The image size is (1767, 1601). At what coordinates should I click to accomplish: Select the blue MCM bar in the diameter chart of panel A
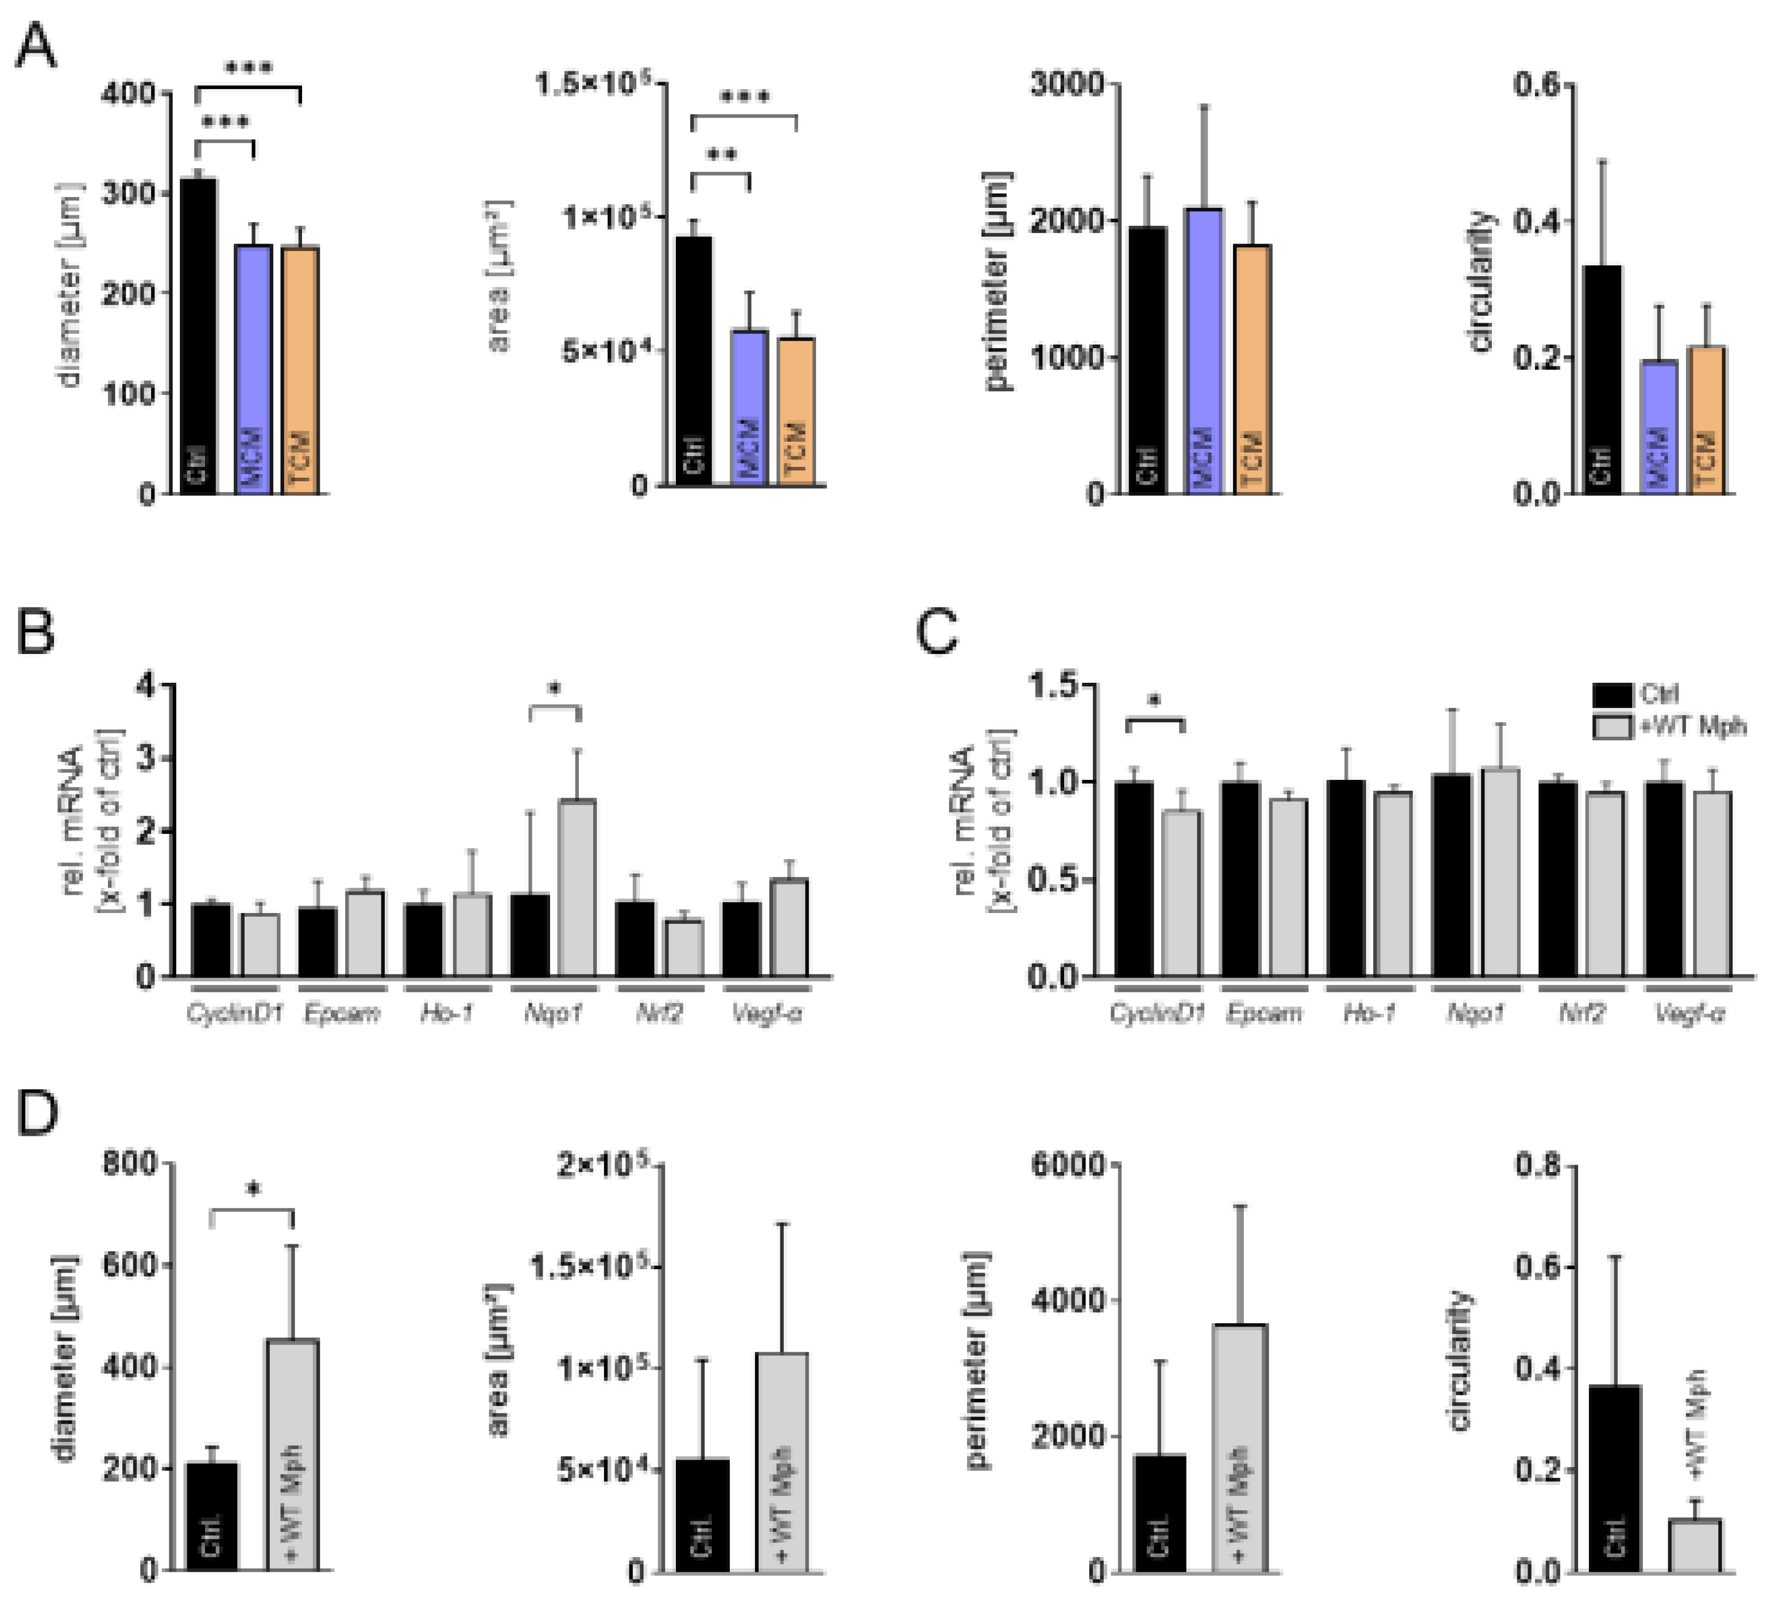253,368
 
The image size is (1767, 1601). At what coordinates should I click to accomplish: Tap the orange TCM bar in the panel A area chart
796,412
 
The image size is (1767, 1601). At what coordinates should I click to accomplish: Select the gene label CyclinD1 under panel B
234,1014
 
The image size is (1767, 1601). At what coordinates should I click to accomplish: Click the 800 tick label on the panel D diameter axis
130,1164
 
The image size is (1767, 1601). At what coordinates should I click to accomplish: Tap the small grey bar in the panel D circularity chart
1694,1544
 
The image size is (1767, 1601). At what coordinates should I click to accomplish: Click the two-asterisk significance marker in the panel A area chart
721,157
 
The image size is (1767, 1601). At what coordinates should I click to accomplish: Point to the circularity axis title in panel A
1480,280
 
